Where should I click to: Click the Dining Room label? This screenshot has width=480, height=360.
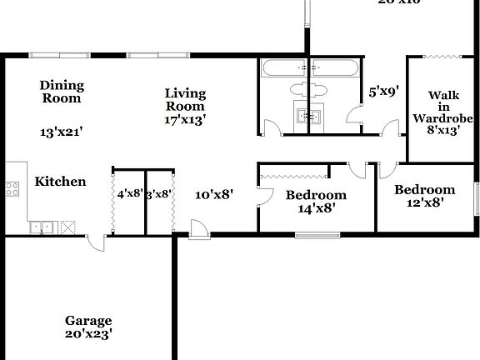[x=61, y=92]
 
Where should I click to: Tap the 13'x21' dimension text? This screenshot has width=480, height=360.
[x=61, y=132]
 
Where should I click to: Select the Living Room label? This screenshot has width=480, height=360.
[x=185, y=99]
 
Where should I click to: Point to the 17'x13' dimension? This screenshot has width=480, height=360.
[x=185, y=119]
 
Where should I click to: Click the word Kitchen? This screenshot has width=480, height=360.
[x=60, y=182]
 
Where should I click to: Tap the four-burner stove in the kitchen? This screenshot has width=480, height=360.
[x=12, y=188]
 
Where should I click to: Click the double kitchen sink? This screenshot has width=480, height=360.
[x=41, y=226]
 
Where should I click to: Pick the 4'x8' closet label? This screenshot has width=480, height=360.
[x=129, y=194]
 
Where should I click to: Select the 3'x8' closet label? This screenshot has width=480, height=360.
[x=158, y=194]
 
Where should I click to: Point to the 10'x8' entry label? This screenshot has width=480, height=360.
[x=214, y=194]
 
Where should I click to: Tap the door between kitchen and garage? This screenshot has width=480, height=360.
[x=98, y=242]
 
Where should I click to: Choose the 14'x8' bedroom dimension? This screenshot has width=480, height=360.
[x=316, y=209]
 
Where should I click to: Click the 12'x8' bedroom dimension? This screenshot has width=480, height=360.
[x=424, y=202]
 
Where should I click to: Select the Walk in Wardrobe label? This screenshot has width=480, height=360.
[x=443, y=106]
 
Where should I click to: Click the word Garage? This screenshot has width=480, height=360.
[x=88, y=321]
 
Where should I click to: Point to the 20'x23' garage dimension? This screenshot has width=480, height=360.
[x=88, y=334]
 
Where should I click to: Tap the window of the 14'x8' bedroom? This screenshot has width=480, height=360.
[x=317, y=235]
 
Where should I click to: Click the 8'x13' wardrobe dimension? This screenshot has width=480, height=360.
[x=443, y=131]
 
